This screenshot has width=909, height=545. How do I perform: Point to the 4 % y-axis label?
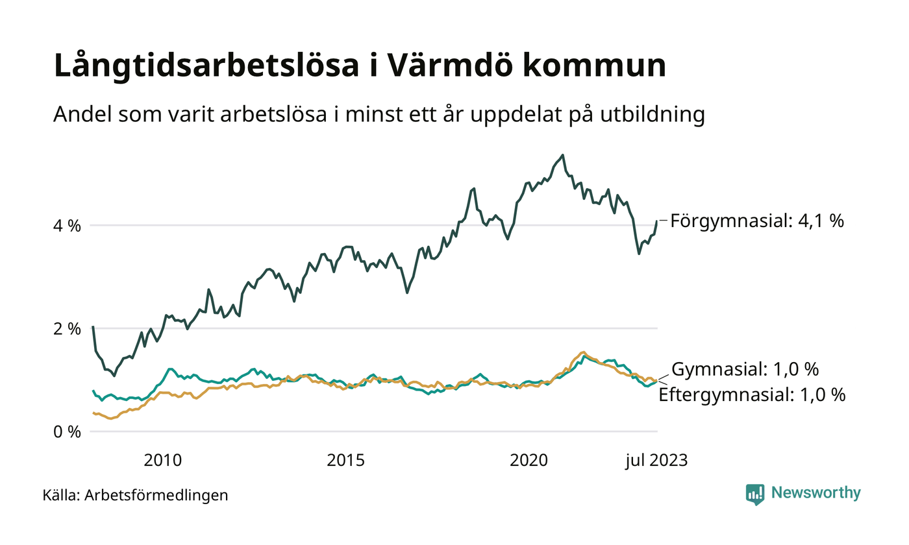tap(68, 226)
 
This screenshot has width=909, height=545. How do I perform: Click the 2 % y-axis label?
tap(68, 329)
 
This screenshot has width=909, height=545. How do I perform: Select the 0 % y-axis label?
tap(68, 431)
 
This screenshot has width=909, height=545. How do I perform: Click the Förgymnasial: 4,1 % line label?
tap(757, 221)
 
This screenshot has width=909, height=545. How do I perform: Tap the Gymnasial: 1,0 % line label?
tap(745, 370)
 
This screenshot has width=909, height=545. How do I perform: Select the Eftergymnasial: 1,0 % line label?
tap(752, 394)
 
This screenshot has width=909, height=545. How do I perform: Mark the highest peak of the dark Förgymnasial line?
tap(562, 155)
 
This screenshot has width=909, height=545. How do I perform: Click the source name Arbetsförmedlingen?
tap(156, 496)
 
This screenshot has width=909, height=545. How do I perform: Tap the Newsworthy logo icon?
tap(755, 494)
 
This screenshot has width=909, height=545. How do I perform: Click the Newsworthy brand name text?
tap(816, 493)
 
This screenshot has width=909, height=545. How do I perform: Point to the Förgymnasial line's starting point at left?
tap(93, 327)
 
